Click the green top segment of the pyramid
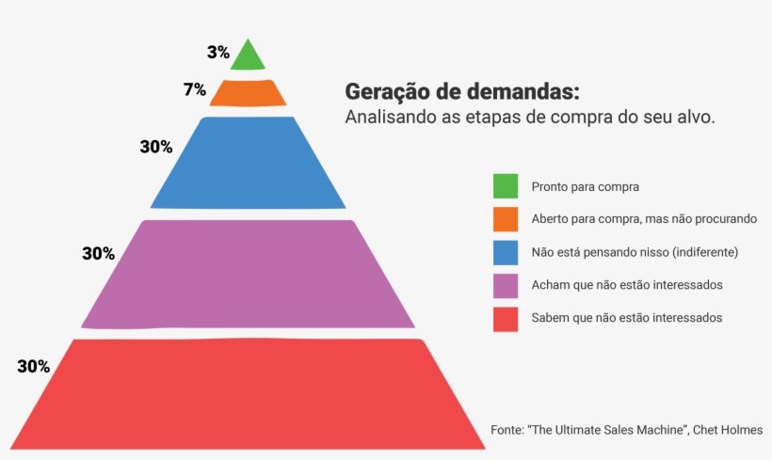tap(248, 57)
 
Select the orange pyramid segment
tap(248, 93)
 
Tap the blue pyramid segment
tap(248, 162)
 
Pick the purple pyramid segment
tap(248, 274)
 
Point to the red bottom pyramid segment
tap(248, 393)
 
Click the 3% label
tap(218, 53)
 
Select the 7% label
tap(195, 90)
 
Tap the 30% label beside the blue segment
tap(156, 147)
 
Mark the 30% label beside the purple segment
tap(98, 253)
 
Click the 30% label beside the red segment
tap(33, 367)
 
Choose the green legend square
tap(506, 186)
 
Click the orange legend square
tap(506, 219)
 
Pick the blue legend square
tap(506, 252)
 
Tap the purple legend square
tap(506, 285)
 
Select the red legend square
tap(506, 318)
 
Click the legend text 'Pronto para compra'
tap(585, 187)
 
